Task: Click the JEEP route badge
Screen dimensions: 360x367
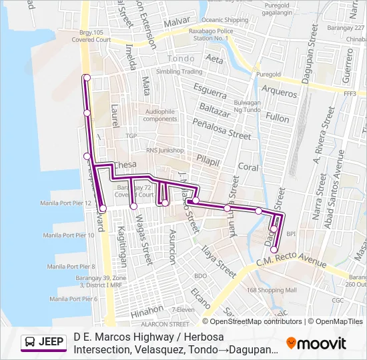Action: [x=43, y=343]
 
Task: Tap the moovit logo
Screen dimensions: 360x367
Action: [x=316, y=343]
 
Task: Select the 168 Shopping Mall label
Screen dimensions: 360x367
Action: [x=271, y=290]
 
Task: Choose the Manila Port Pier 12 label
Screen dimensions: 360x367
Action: [x=65, y=203]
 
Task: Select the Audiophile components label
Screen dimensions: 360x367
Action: [x=160, y=115]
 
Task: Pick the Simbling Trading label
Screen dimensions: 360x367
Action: [x=179, y=71]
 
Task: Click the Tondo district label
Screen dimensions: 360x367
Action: [x=180, y=59]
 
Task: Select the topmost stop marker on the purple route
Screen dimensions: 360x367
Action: [x=86, y=79]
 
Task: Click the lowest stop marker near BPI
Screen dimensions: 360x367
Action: [x=274, y=250]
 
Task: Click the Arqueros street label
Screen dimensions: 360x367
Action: [x=279, y=91]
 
